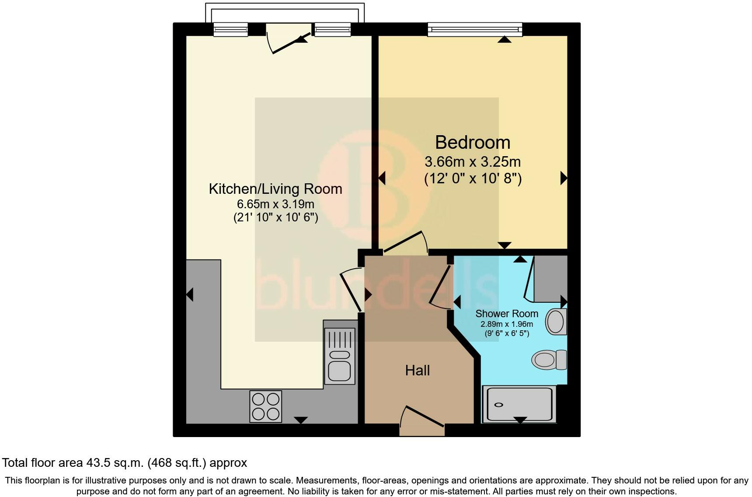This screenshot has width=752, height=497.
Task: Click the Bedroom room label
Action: (473, 143)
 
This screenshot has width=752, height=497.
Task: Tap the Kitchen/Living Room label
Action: (275, 189)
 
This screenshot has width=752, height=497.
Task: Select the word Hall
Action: (418, 371)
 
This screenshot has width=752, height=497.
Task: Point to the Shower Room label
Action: (507, 314)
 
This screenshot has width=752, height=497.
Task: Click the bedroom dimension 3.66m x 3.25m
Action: (473, 162)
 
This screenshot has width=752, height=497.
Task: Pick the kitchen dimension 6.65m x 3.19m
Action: (275, 204)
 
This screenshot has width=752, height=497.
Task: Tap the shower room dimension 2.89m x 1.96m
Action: (507, 324)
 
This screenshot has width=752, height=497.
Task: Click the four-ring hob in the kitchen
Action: (266, 406)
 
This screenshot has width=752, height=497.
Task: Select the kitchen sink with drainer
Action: (339, 352)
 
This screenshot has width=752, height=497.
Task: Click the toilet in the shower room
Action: (549, 360)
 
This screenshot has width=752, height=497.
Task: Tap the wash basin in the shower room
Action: (556, 322)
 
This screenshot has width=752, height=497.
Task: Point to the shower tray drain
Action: (499, 405)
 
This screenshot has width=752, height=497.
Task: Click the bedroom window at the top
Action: (475, 29)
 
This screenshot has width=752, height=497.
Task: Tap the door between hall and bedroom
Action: (405, 243)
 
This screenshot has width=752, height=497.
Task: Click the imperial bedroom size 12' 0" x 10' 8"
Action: (473, 178)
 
